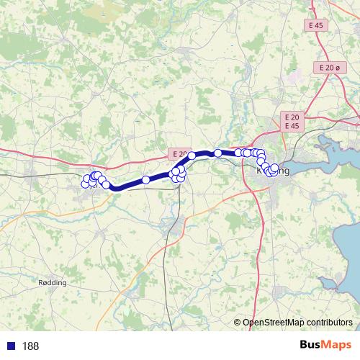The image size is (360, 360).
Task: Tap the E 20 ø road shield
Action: pyautogui.click(x=328, y=67)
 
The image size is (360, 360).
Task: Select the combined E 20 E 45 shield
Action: pyautogui.click(x=292, y=122)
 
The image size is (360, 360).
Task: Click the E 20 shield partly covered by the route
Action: pyautogui.click(x=179, y=153)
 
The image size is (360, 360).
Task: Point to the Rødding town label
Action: pyautogui.click(x=52, y=283)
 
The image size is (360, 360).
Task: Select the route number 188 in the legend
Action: pyautogui.click(x=30, y=346)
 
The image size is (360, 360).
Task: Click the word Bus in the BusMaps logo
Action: pyautogui.click(x=312, y=345)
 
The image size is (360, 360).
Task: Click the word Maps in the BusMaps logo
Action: pyautogui.click(x=336, y=345)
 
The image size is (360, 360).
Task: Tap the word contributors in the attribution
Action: pyautogui.click(x=330, y=322)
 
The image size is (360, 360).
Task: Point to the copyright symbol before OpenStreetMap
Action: pyautogui.click(x=238, y=322)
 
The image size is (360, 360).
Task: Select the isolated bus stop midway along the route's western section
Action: pyautogui.click(x=146, y=180)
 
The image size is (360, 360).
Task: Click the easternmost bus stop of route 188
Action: pyautogui.click(x=274, y=168)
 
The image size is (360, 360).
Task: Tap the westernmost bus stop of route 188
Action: pyautogui.click(x=85, y=184)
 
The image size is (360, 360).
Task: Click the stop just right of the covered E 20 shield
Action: pyautogui.click(x=192, y=156)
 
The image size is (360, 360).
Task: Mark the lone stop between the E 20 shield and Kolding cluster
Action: pyautogui.click(x=218, y=153)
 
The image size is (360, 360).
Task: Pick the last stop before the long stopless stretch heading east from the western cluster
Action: pyautogui.click(x=107, y=185)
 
